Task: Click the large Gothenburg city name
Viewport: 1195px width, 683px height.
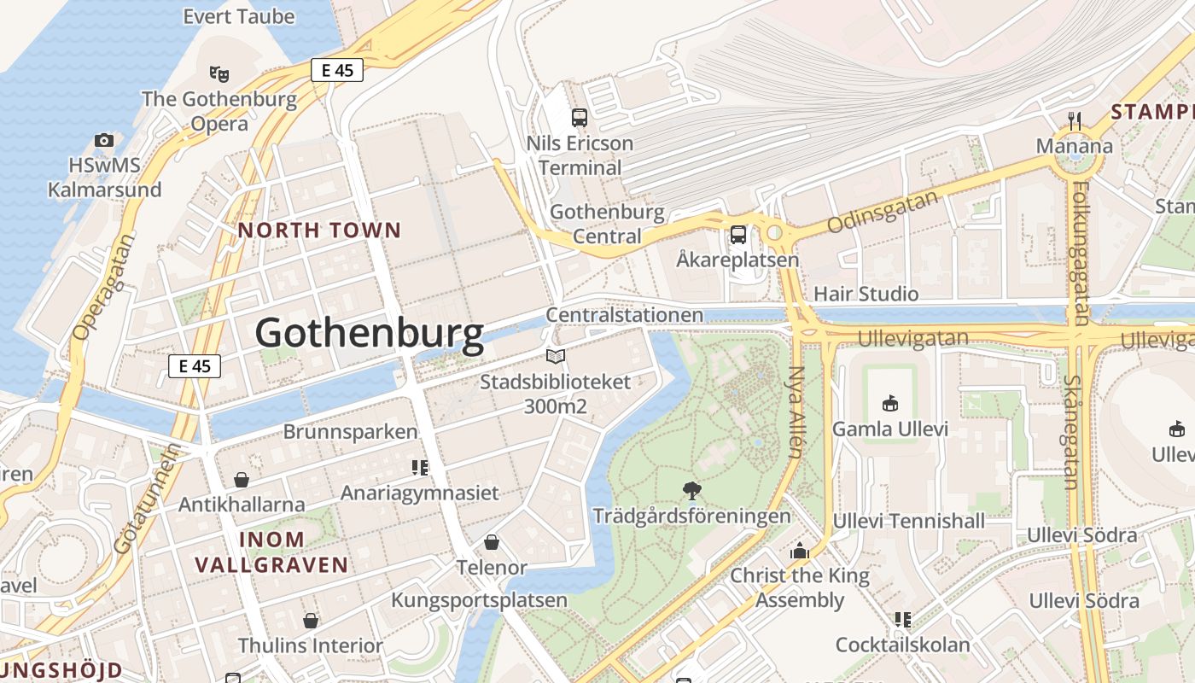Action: click(x=369, y=333)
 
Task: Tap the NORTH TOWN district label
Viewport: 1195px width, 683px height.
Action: click(x=319, y=230)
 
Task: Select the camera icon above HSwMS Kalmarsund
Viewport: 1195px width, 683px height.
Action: click(x=104, y=140)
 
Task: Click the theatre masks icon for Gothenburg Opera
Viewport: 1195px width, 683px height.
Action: click(x=219, y=73)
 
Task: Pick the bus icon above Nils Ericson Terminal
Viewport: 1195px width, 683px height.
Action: click(x=580, y=118)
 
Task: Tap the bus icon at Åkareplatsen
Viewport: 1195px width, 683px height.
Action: click(x=737, y=234)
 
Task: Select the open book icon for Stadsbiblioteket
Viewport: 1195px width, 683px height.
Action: click(x=556, y=356)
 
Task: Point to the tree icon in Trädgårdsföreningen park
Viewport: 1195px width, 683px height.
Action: click(x=691, y=491)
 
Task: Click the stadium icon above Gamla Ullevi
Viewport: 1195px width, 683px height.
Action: click(x=890, y=403)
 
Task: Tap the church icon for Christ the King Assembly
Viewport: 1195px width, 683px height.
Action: click(x=799, y=551)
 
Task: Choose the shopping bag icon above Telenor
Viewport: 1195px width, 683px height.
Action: click(x=492, y=542)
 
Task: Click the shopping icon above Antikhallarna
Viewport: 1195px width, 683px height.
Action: click(x=242, y=480)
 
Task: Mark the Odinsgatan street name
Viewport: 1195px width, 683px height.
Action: click(x=882, y=212)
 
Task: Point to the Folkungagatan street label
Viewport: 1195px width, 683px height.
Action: click(x=1081, y=253)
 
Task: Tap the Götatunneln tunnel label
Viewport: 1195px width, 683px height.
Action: click(x=147, y=499)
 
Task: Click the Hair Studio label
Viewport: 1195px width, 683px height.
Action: click(x=866, y=294)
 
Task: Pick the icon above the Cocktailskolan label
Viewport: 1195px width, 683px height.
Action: click(x=902, y=619)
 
